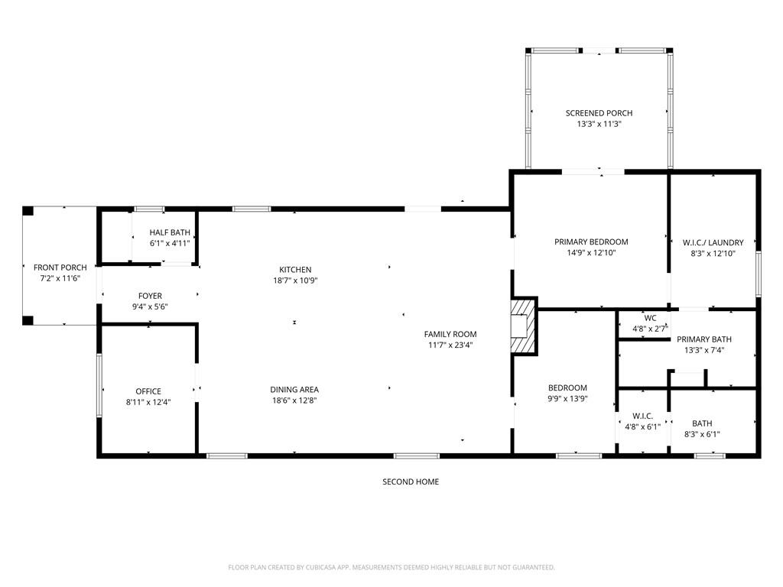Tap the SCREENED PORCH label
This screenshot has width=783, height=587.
coord(599,113)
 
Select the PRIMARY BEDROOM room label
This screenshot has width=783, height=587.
coord(591,242)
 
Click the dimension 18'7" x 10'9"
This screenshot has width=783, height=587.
coord(294,281)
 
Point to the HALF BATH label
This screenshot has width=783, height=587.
coord(170,232)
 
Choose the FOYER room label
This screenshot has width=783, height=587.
coord(150,296)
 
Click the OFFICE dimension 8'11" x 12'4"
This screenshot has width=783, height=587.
coord(148,401)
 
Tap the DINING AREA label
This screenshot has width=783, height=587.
coord(294,390)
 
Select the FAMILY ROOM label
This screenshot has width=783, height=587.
coord(450,334)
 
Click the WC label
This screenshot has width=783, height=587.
coord(650,318)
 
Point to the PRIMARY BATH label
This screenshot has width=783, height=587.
coord(703,339)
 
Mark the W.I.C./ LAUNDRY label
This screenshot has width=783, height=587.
coord(713,242)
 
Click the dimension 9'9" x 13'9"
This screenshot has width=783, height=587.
coord(567,398)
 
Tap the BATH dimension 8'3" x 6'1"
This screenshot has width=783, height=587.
coord(701,434)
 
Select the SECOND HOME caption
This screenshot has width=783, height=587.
coord(411,482)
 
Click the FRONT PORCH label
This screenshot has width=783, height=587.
coord(60,268)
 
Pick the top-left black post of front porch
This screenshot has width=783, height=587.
coord(28,211)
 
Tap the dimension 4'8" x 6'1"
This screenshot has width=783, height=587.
coord(642,427)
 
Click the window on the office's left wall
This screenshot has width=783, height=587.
coord(99,385)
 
